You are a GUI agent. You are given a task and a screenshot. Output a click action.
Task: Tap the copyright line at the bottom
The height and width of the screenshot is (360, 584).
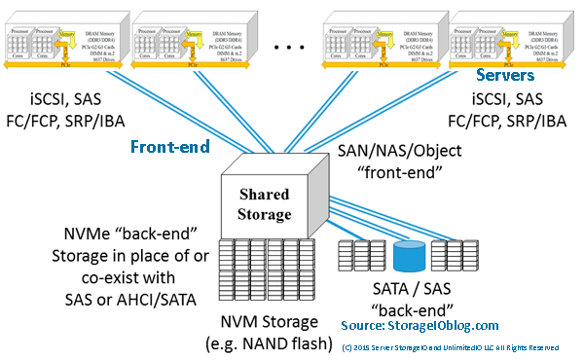450,346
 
